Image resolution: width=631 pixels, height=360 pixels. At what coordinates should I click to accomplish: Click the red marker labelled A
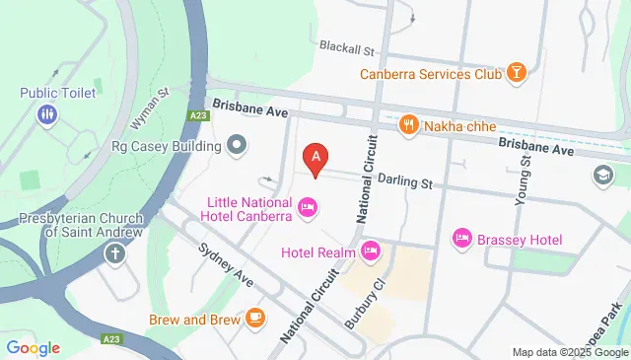coord(315,157)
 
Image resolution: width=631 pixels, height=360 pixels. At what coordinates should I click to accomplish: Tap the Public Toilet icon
coord(47,115)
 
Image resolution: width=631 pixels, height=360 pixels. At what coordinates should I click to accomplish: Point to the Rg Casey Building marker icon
coord(236,147)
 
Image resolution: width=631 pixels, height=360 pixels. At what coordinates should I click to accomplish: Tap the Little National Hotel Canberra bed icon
coord(307,207)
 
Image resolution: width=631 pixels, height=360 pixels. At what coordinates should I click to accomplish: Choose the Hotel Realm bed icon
coord(370,249)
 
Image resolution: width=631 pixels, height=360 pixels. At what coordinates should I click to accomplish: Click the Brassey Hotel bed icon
coord(461,239)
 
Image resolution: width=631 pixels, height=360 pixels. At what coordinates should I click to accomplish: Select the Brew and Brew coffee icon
coord(255,318)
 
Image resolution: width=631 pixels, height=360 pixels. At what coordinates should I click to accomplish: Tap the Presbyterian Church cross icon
coord(115,254)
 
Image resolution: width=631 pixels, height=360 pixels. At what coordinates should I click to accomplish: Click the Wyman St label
coord(151,109)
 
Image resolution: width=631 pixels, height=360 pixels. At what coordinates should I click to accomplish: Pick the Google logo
coord(33,347)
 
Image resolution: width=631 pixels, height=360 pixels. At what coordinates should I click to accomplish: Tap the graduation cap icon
coord(601,176)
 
